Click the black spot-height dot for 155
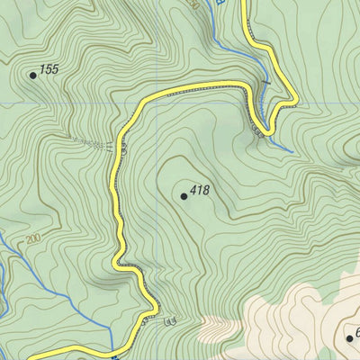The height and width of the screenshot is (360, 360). tap(33, 75)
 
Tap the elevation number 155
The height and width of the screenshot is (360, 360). tap(49, 68)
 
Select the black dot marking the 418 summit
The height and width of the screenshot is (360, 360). tap(184, 195)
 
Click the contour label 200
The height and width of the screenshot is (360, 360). tap(33, 238)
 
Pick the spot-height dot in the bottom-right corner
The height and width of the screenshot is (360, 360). tap(349, 337)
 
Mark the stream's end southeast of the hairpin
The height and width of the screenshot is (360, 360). tap(291, 149)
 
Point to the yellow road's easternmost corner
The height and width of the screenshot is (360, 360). tap(296, 102)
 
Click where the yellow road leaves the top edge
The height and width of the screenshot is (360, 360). tap(245, 2)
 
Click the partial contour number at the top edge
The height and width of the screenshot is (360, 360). tap(193, 4)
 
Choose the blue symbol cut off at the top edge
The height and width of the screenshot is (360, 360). tap(220, 3)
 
